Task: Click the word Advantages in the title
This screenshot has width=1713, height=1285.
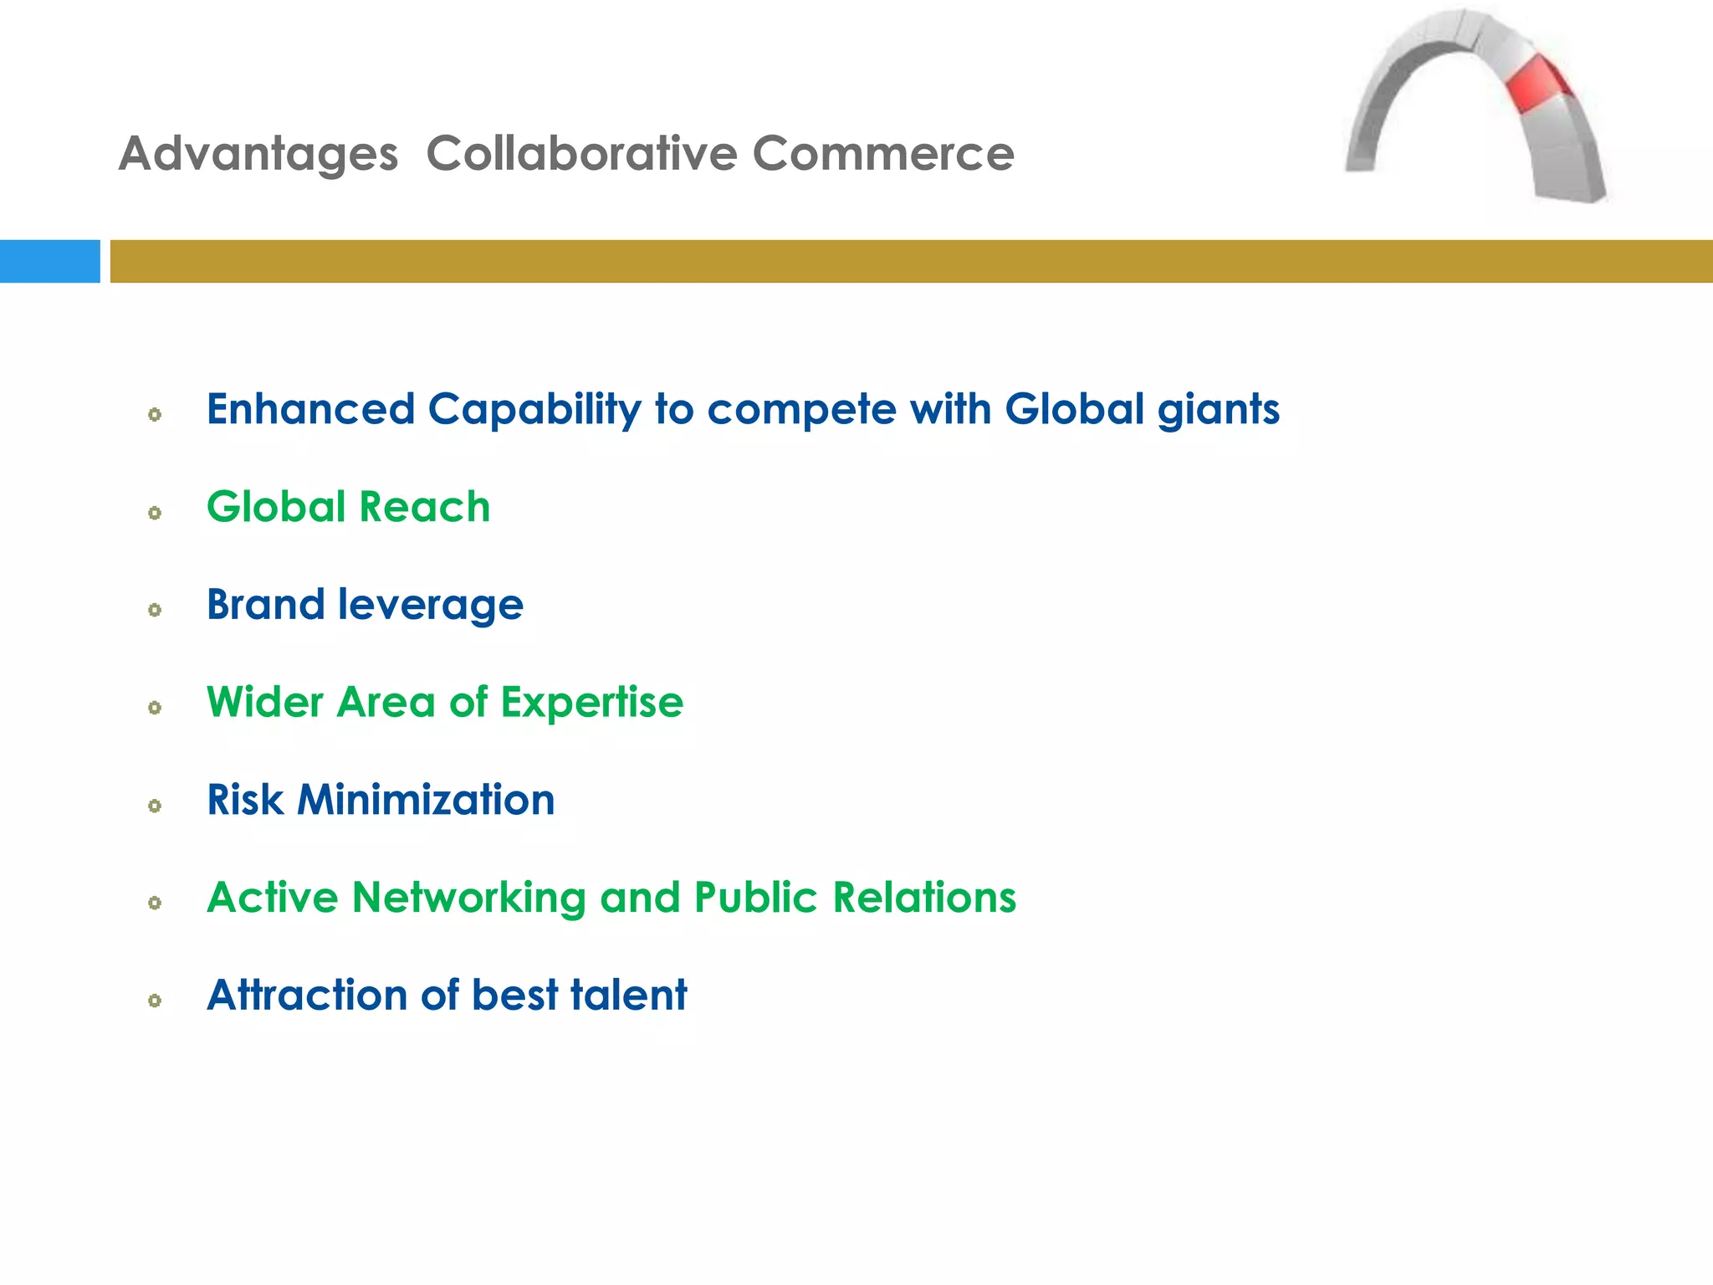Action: click(x=258, y=155)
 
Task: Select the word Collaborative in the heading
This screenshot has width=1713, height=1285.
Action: click(x=581, y=155)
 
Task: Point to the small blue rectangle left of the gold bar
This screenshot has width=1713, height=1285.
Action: click(x=49, y=261)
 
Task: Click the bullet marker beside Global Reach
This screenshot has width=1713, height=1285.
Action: click(x=155, y=513)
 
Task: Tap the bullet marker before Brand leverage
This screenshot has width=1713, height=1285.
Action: click(x=155, y=610)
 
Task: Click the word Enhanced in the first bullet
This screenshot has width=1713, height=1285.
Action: click(x=310, y=410)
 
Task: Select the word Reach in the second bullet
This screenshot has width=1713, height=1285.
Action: click(x=425, y=508)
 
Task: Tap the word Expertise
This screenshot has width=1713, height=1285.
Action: click(x=591, y=703)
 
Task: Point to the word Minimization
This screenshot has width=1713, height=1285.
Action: click(x=426, y=801)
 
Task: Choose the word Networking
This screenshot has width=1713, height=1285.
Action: click(x=468, y=898)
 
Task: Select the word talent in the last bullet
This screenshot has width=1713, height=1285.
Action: click(x=628, y=996)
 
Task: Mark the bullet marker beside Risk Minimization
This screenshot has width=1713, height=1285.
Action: click(x=155, y=806)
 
